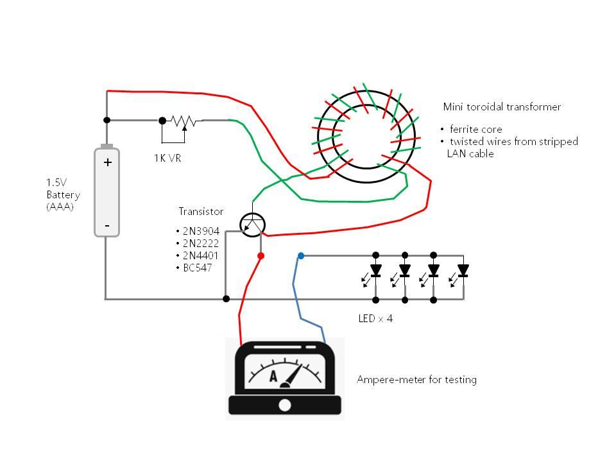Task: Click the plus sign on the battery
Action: click(x=107, y=162)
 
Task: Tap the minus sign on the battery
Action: click(x=107, y=225)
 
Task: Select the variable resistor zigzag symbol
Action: click(x=184, y=121)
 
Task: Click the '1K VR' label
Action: click(x=167, y=158)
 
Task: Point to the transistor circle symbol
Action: click(x=252, y=224)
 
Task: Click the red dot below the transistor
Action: click(x=261, y=255)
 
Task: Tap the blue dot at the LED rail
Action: click(x=301, y=255)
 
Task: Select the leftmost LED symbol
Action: click(x=375, y=271)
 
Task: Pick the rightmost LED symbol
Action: click(x=462, y=271)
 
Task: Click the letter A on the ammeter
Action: click(x=273, y=377)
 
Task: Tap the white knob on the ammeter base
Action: click(x=285, y=405)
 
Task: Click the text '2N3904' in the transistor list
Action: click(x=200, y=231)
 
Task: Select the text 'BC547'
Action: click(x=197, y=268)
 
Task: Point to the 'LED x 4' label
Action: click(x=375, y=318)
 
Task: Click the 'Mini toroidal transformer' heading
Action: click(x=502, y=107)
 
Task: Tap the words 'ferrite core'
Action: click(x=475, y=130)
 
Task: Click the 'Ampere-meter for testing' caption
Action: click(x=416, y=380)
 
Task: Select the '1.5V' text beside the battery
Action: click(x=55, y=182)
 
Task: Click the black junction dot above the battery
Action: click(x=107, y=120)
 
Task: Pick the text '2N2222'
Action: click(x=200, y=243)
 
